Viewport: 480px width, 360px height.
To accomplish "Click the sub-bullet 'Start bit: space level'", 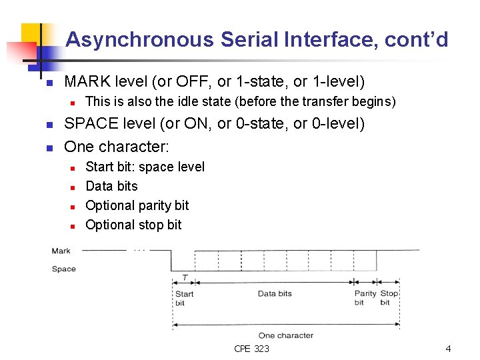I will (145, 167).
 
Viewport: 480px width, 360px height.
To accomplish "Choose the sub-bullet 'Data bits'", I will (111, 186).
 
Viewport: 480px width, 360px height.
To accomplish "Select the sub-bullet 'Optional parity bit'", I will (137, 205).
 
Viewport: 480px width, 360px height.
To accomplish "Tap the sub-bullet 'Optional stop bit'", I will (133, 225).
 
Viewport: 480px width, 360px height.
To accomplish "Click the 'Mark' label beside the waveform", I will (61, 251).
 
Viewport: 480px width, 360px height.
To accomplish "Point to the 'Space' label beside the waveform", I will (64, 269).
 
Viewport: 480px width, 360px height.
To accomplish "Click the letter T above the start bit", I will (185, 277).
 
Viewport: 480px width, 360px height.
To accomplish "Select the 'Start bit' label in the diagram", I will (184, 298).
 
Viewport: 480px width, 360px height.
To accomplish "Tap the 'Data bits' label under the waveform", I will (275, 293).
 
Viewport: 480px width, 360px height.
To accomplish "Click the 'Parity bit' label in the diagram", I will (365, 298).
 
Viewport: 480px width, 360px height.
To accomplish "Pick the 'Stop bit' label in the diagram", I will (389, 298).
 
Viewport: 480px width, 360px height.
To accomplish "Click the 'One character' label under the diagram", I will (285, 335).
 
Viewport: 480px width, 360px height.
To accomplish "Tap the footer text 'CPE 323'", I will (251, 349).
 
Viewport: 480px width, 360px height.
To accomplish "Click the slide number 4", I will (448, 349).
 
